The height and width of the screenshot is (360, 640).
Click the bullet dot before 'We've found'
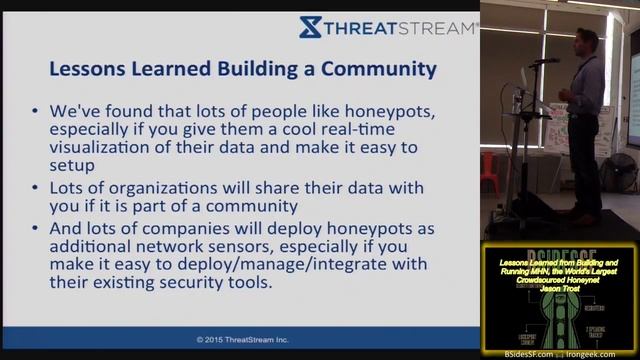[38, 112]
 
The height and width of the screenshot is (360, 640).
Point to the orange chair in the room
[490, 170]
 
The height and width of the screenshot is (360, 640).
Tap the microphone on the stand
[546, 61]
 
